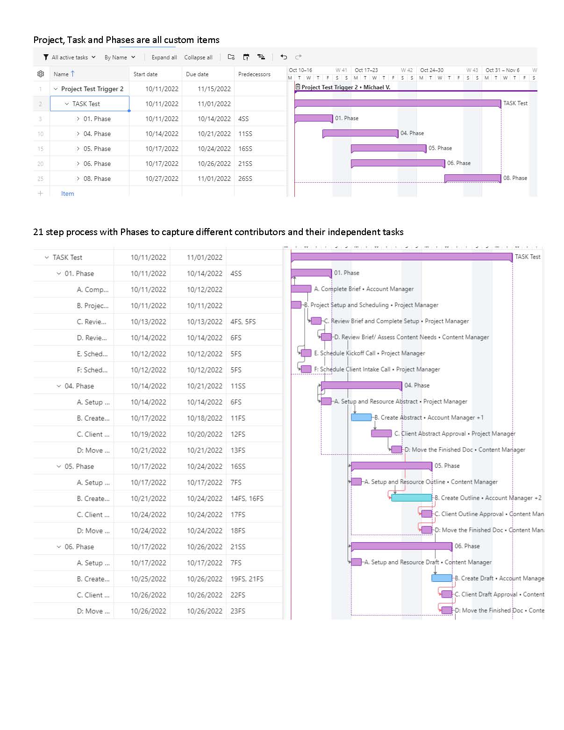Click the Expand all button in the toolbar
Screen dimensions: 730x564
click(x=164, y=57)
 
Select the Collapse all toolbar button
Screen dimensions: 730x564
click(x=198, y=57)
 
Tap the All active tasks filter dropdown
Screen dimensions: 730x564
click(x=69, y=57)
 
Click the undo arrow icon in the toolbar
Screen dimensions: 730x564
click(x=284, y=57)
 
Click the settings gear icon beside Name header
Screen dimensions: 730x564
click(x=41, y=74)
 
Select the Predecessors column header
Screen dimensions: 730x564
click(x=254, y=74)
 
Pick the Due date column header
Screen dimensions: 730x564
click(x=197, y=74)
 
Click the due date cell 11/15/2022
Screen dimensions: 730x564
click(x=214, y=89)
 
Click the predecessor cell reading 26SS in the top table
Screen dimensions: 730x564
click(x=245, y=179)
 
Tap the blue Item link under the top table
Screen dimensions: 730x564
click(x=67, y=193)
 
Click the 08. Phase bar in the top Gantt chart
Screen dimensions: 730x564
click(x=472, y=178)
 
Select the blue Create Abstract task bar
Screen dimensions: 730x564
click(x=361, y=417)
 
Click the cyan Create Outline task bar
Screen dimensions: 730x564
click(x=411, y=498)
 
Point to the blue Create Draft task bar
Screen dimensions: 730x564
click(x=442, y=578)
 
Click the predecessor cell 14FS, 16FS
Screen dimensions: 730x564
click(x=247, y=499)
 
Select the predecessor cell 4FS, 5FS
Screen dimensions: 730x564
click(x=243, y=322)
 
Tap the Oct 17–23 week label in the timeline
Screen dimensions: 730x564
click(x=366, y=70)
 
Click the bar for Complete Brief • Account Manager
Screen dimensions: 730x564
click(x=301, y=289)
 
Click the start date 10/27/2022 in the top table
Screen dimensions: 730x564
click(x=162, y=179)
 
